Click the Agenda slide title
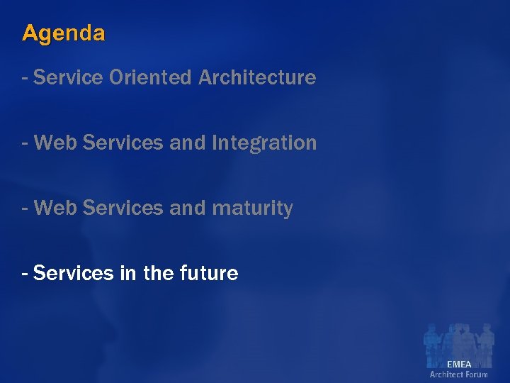pos(64,33)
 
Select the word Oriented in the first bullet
pos(151,77)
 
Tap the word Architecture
pos(257,77)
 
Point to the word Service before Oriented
pos(68,77)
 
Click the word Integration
pos(263,143)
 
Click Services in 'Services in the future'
pos(74,272)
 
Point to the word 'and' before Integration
pos(187,143)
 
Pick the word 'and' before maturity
pos(187,209)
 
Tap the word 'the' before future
pos(156,272)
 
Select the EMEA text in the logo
pos(459,364)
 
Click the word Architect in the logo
pos(446,374)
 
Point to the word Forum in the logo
pos(477,374)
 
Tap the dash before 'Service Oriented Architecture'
pos(25,77)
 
